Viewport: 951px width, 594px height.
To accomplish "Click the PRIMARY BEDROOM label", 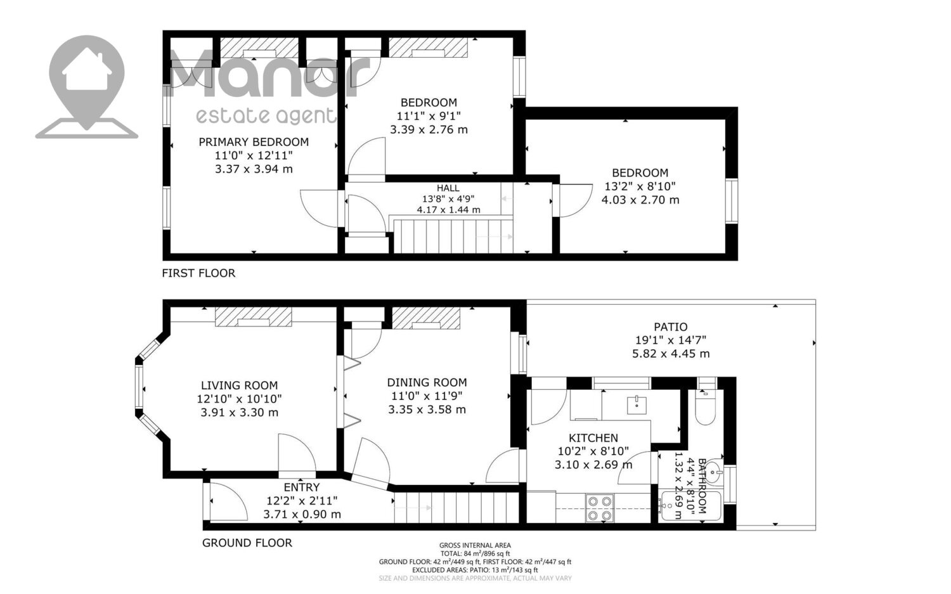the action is (254, 142).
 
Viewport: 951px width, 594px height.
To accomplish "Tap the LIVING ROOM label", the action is (239, 385).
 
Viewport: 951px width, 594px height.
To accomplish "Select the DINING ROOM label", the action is (427, 382).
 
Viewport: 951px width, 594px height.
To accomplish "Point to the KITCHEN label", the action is (593, 438).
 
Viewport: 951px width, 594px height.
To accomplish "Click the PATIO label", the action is (670, 327).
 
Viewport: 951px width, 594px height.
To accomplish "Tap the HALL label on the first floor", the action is (448, 188).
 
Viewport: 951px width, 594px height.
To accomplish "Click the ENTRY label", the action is (301, 487).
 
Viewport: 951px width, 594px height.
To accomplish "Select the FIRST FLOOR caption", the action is (198, 273).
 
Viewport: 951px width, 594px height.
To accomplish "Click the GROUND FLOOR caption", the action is (247, 543).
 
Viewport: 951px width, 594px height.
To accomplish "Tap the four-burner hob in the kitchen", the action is (600, 508).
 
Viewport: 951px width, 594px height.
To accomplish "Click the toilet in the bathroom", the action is (705, 407).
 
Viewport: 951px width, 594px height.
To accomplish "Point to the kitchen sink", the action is (637, 405).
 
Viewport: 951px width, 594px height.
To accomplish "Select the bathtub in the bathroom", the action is (691, 506).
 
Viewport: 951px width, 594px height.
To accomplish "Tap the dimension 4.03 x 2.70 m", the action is (640, 200).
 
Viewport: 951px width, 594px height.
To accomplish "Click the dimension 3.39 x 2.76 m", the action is (429, 129).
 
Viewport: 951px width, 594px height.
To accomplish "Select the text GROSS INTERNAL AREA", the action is (475, 546).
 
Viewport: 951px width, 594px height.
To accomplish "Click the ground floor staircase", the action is (456, 507).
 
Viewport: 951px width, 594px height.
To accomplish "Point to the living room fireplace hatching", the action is (254, 317).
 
